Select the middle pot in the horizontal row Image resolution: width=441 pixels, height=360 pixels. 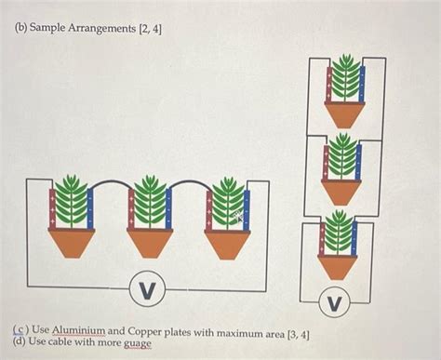pos(148,243)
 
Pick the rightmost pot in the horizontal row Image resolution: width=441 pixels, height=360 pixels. pos(226,243)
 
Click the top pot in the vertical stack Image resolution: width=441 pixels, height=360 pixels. pos(345,114)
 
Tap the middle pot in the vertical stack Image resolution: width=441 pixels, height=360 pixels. pos(341,192)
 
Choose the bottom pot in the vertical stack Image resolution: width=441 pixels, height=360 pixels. pos(338,266)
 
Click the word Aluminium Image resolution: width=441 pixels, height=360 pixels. pos(80,331)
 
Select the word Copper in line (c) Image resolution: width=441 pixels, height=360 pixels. pos(147,331)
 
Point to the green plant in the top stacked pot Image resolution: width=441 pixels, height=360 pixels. pos(345,77)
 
